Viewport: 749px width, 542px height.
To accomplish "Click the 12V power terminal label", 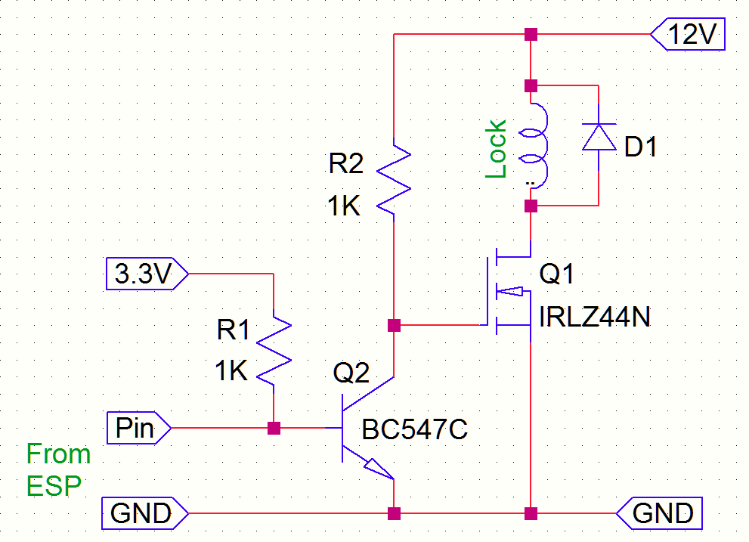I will (x=689, y=36).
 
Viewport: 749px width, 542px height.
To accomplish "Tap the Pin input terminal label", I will (x=137, y=428).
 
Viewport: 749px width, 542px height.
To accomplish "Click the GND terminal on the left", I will (x=141, y=513).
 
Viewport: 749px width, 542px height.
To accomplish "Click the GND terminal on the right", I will (x=662, y=513).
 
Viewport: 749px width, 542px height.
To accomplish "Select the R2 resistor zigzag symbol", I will (x=394, y=179).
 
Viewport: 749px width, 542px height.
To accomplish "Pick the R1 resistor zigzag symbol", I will (x=274, y=348).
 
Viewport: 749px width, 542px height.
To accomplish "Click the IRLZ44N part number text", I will (x=595, y=318).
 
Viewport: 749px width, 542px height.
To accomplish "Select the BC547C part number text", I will (x=415, y=429).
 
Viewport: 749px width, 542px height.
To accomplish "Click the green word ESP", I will (x=54, y=485).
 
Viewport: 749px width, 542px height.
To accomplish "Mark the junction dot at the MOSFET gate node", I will (x=393, y=326).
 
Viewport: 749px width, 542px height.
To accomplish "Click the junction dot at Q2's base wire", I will (x=274, y=428).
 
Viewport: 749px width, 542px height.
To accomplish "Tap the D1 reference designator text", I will (x=640, y=147).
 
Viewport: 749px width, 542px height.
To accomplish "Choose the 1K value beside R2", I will (x=344, y=206).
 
